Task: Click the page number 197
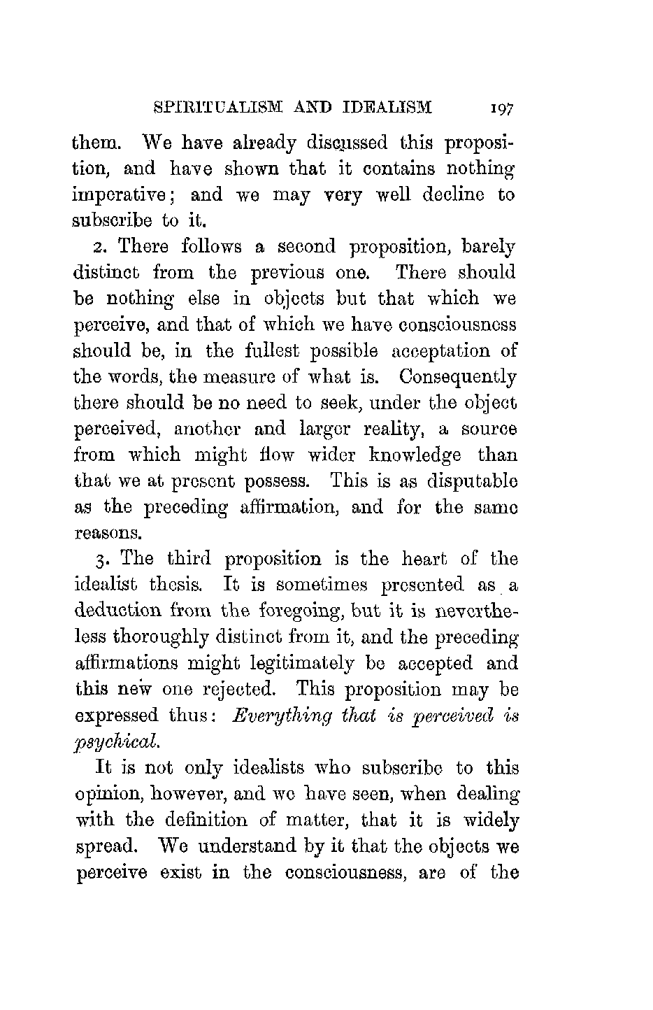point(502,109)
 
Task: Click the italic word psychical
point(116,740)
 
